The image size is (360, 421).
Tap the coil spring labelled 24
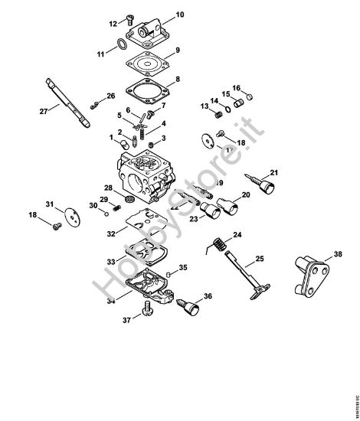[218, 245]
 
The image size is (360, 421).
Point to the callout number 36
[208, 295]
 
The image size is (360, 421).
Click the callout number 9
[177, 51]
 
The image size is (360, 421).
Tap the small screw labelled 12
[128, 19]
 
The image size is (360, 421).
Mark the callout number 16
[237, 87]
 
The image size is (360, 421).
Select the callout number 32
[112, 233]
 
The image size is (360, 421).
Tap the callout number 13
[205, 106]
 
